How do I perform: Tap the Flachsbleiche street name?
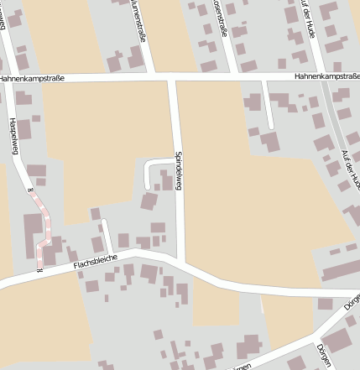point(93,263)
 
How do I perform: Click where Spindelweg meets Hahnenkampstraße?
point(171,78)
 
